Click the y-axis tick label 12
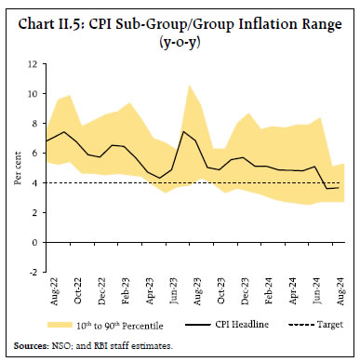pyautogui.click(x=32, y=64)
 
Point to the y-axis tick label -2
pyautogui.click(x=33, y=272)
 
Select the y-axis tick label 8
pyautogui.click(x=33, y=124)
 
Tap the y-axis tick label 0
pyautogui.click(x=33, y=242)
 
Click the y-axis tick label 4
pyautogui.click(x=33, y=182)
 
